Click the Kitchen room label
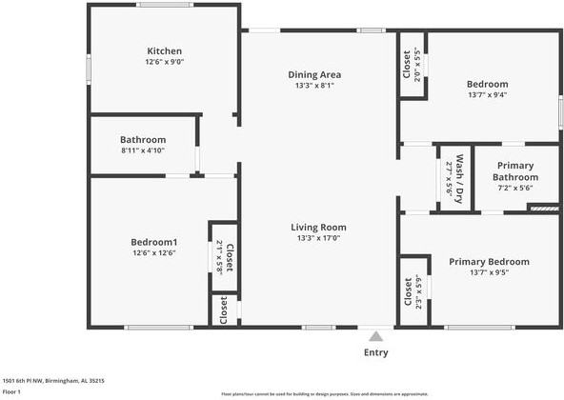(164, 51)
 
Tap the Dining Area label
(314, 74)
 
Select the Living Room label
(318, 228)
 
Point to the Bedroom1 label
(153, 242)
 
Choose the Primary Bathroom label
(514, 171)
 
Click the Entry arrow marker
(376, 335)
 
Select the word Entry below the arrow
(376, 352)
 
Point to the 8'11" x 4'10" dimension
(142, 150)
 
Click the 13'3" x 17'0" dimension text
(318, 239)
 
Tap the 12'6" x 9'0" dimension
(164, 63)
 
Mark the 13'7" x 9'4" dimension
(487, 94)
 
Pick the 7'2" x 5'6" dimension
(514, 188)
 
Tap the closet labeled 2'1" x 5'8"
(223, 256)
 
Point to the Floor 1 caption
(11, 391)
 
